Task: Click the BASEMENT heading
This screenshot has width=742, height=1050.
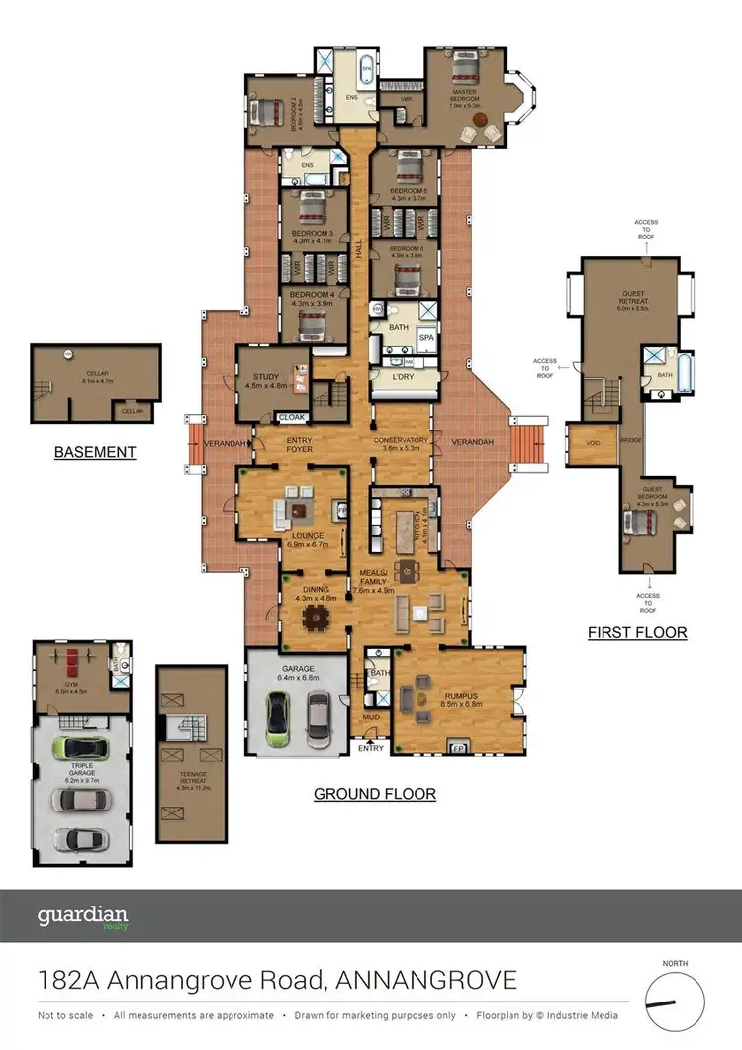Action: (x=95, y=452)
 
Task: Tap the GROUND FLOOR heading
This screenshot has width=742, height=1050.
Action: (x=375, y=793)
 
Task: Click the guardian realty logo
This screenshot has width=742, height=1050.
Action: (x=83, y=916)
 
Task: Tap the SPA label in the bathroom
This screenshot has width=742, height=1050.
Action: (x=426, y=338)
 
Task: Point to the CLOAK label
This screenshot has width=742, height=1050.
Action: (x=292, y=417)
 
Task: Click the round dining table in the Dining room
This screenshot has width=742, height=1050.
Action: (x=317, y=618)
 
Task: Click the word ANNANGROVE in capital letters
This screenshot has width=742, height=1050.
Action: (x=426, y=981)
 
